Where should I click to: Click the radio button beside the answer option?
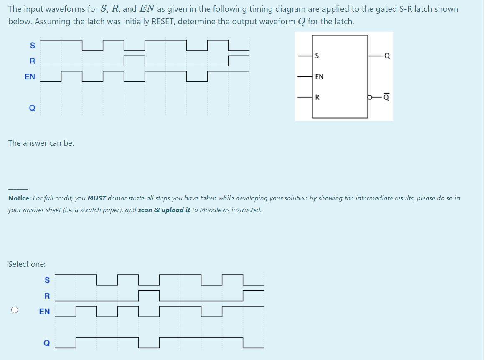[x=15, y=310]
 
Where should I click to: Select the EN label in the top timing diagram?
[x=30, y=77]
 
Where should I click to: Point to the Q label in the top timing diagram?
[x=32, y=108]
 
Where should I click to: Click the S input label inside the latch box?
[x=317, y=56]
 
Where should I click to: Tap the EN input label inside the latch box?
[x=320, y=77]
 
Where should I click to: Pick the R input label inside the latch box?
[x=317, y=98]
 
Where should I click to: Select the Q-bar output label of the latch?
[x=386, y=97]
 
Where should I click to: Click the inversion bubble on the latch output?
[x=370, y=98]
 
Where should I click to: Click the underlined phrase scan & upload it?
[x=164, y=210]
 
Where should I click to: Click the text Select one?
[x=27, y=264]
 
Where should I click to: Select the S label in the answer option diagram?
[x=47, y=280]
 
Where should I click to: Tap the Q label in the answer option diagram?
[x=46, y=343]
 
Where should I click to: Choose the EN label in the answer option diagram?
[x=44, y=312]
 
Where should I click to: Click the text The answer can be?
[x=41, y=143]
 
